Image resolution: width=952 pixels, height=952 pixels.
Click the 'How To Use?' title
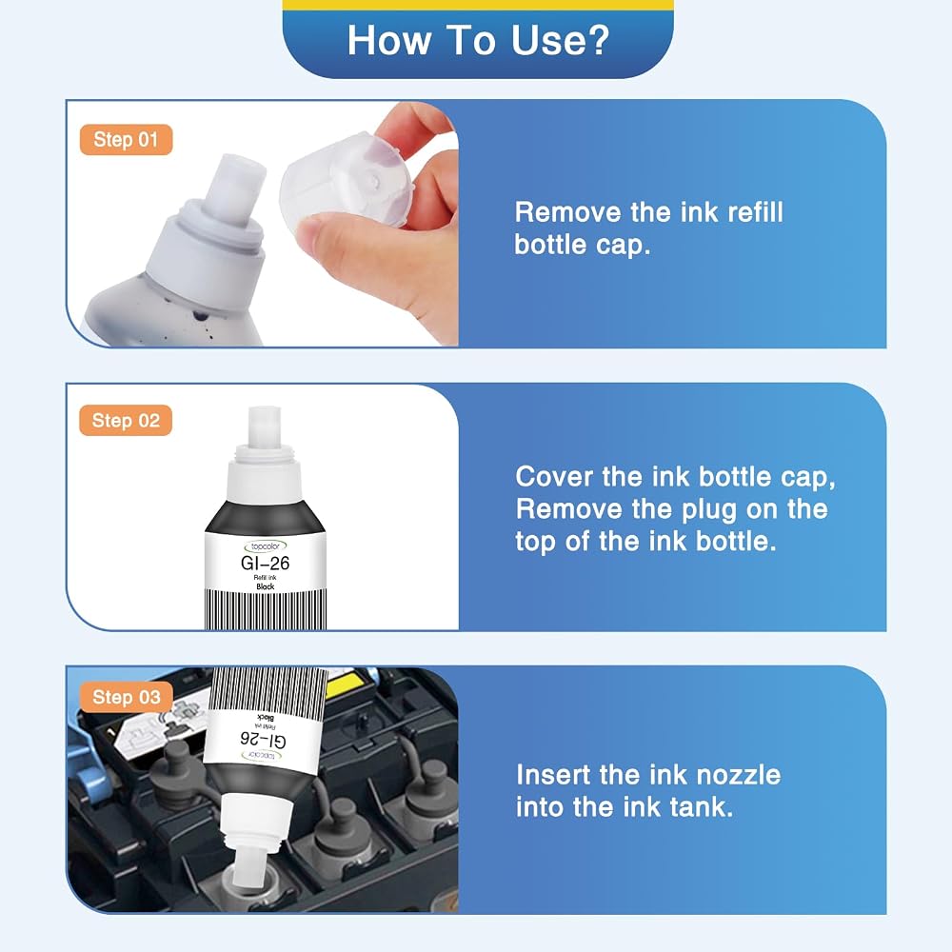point(478,40)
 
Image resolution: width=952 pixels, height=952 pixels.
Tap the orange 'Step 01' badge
point(127,140)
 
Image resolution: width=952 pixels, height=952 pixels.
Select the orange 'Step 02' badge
point(126,420)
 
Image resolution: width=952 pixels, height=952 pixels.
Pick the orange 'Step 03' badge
point(127,697)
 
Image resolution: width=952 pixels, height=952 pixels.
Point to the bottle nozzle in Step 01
point(237,186)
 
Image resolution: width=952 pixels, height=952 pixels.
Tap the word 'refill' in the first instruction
point(755,212)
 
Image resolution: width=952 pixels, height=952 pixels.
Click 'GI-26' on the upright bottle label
point(265,564)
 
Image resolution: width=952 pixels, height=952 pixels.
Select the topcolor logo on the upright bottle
point(266,546)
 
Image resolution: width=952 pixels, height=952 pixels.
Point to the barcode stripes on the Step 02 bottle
point(266,609)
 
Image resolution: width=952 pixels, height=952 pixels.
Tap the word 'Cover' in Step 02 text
point(554,477)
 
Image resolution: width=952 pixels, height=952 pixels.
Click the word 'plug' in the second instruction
point(708,510)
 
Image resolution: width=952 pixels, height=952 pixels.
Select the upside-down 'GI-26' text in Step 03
point(264,739)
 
